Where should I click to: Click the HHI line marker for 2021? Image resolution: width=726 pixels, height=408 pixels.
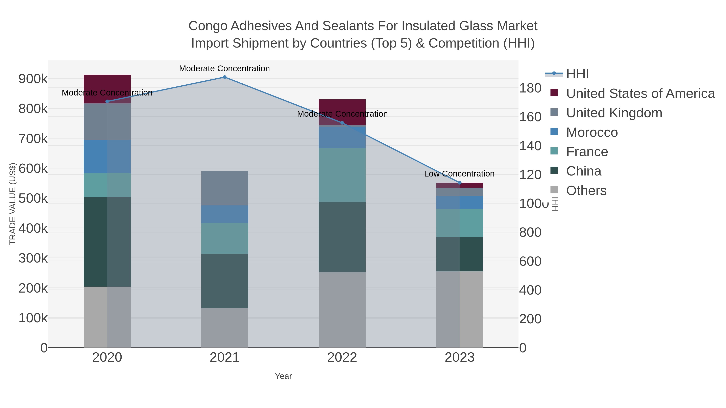[225, 77]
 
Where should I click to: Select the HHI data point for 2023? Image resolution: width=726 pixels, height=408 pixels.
[460, 183]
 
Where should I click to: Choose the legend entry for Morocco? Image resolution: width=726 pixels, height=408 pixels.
[592, 132]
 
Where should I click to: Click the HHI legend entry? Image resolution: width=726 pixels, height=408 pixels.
[577, 74]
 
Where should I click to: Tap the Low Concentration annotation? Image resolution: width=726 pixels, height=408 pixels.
[459, 174]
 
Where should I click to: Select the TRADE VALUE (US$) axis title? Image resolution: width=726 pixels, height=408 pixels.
[13, 204]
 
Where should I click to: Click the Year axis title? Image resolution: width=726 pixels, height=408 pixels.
[283, 376]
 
